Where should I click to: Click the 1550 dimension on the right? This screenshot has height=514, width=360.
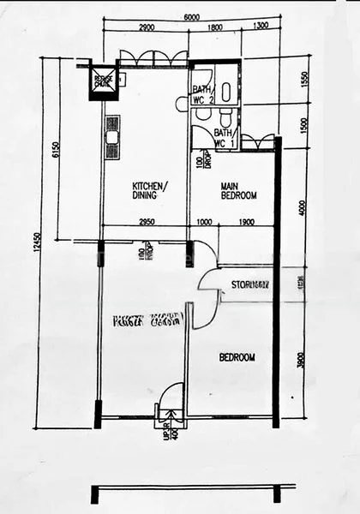305,80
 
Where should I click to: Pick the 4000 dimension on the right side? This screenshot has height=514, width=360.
301,207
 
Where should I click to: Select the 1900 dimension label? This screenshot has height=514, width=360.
244,221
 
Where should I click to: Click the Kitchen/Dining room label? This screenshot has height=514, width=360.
150,190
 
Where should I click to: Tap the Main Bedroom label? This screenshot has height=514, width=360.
239,190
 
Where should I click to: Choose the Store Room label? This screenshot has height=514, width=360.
250,284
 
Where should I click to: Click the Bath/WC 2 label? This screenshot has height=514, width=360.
202,94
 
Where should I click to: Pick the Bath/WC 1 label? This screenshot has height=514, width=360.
224,138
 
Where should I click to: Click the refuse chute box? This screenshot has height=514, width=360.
104,80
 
